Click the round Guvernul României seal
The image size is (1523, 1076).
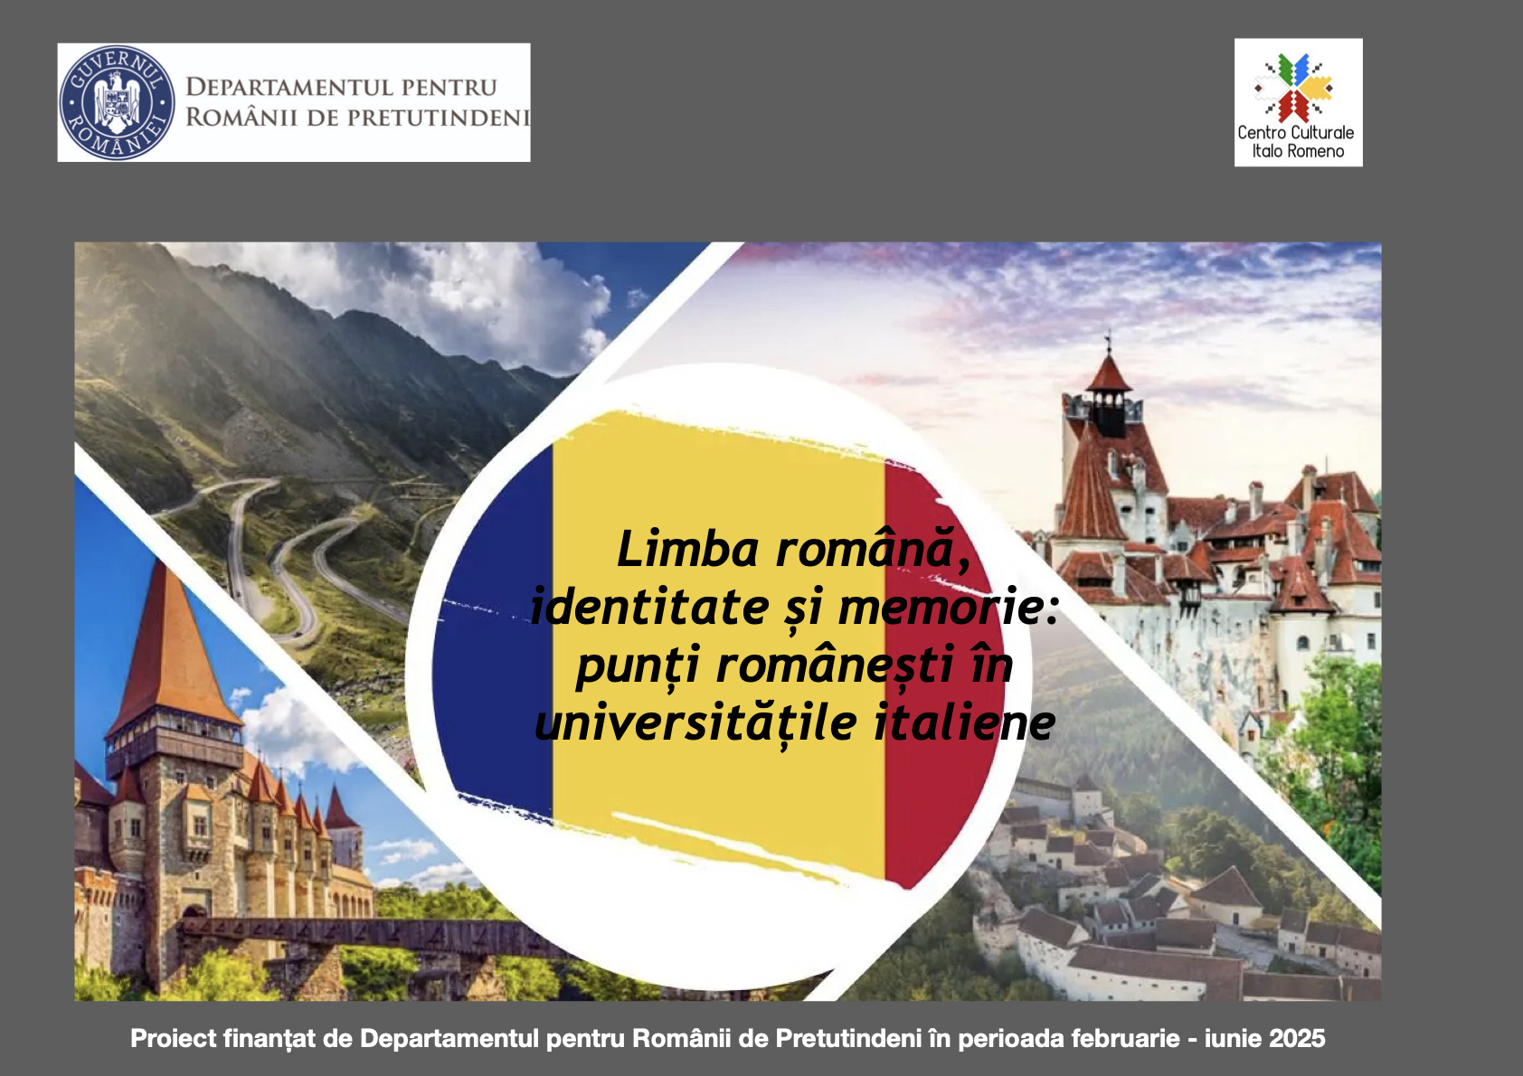point(117,103)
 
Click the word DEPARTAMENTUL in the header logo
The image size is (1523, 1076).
point(289,87)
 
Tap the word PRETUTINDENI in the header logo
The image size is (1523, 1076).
point(439,117)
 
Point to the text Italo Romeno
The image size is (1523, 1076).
point(1298,151)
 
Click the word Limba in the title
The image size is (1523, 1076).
point(687,549)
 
